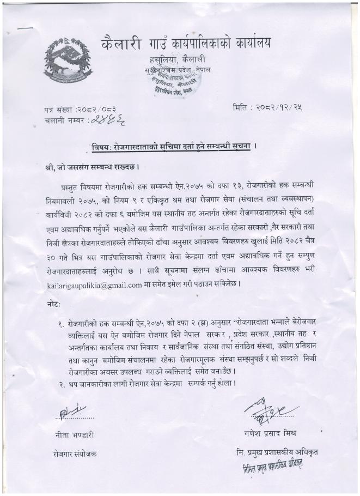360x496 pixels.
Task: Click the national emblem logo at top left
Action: [x=68, y=57]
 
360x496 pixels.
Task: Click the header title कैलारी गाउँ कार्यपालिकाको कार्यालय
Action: [x=186, y=43]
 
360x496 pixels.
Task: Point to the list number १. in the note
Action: [x=62, y=323]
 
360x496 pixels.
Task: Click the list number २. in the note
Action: [x=62, y=384]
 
